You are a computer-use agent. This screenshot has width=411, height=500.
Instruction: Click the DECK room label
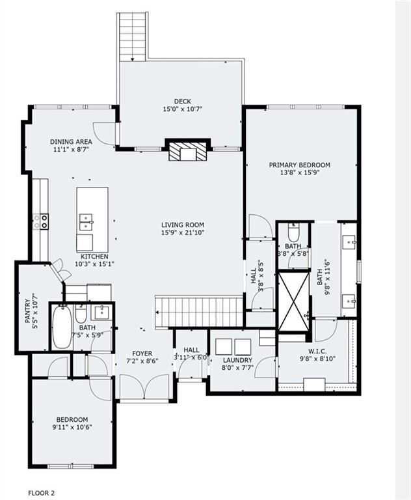183,102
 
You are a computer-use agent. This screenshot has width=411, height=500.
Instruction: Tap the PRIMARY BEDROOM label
300,165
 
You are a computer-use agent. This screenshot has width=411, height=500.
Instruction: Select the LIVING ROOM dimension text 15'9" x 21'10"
183,232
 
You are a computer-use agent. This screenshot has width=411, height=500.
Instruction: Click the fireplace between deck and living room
188,151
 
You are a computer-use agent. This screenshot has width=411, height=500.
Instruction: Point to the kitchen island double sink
86,222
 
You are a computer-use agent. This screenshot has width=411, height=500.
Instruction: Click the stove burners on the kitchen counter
40,221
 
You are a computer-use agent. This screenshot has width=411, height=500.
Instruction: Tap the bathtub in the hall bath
62,327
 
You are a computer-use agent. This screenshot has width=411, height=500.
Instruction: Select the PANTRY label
28,311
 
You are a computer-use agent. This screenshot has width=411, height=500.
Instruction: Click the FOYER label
142,354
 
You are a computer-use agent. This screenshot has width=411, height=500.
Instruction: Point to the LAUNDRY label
237,360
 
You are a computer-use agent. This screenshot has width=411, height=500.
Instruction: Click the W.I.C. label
317,352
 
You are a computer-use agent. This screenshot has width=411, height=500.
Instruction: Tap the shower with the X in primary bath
294,301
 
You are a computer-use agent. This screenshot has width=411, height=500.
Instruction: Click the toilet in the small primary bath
293,232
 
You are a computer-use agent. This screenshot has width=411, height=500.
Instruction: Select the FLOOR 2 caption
42,493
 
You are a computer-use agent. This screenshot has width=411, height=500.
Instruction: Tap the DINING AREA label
71,141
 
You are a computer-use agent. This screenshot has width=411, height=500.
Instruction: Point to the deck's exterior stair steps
133,36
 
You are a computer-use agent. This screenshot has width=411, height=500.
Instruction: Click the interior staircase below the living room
199,312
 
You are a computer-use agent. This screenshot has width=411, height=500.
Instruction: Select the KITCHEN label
94,257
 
